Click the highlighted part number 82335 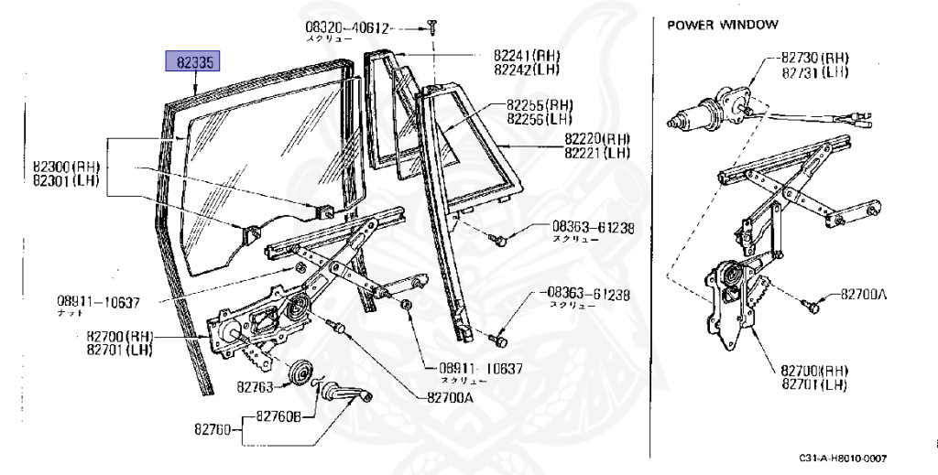[191, 62]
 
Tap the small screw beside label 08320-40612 [431, 29]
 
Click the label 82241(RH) [520, 56]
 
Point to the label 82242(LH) [520, 70]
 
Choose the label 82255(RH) [540, 105]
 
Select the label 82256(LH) [540, 119]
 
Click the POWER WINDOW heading [723, 25]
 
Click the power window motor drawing [710, 106]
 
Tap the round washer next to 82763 [299, 374]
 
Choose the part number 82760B [278, 418]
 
